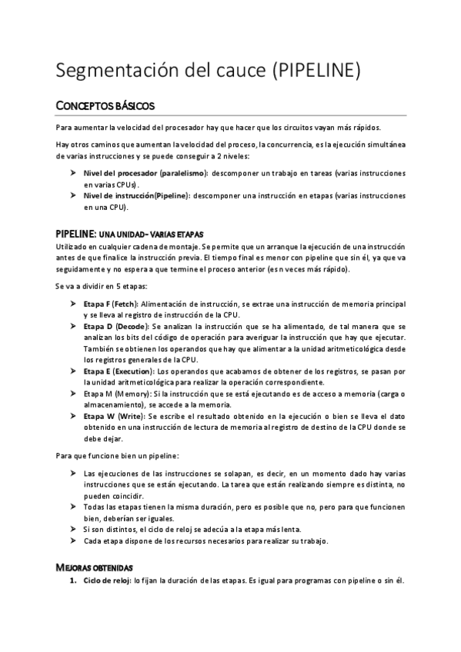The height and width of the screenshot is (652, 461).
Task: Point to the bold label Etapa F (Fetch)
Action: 111,305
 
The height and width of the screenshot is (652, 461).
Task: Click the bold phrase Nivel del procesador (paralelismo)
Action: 145,175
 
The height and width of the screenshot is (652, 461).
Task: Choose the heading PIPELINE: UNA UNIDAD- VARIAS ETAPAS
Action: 129,233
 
